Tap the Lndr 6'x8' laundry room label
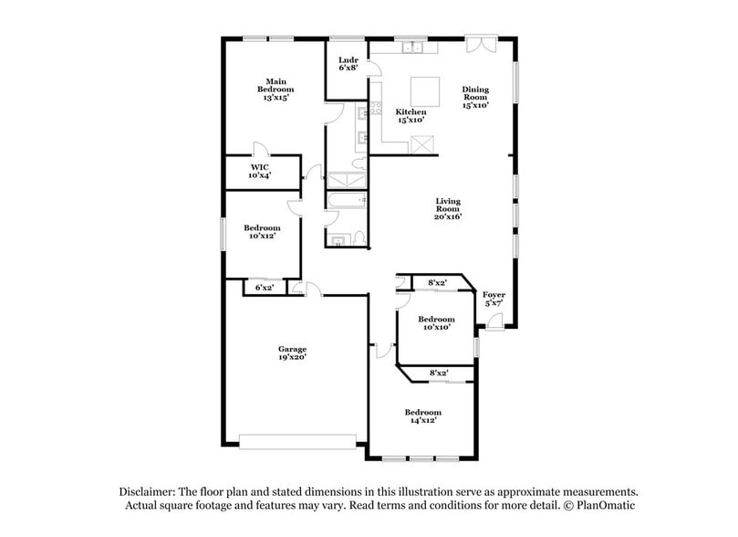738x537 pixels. point(348,63)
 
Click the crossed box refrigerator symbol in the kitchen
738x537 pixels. point(422,143)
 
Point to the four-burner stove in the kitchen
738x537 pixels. point(363,113)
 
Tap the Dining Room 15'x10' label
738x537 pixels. point(475,97)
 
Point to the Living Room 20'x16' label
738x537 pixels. point(447,208)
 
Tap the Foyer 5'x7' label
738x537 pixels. point(494,300)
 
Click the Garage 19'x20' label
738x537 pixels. point(292,353)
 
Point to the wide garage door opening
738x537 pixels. point(297,441)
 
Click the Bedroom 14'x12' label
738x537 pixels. point(422,416)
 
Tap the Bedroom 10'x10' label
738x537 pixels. point(436,322)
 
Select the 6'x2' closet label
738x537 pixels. point(265,288)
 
